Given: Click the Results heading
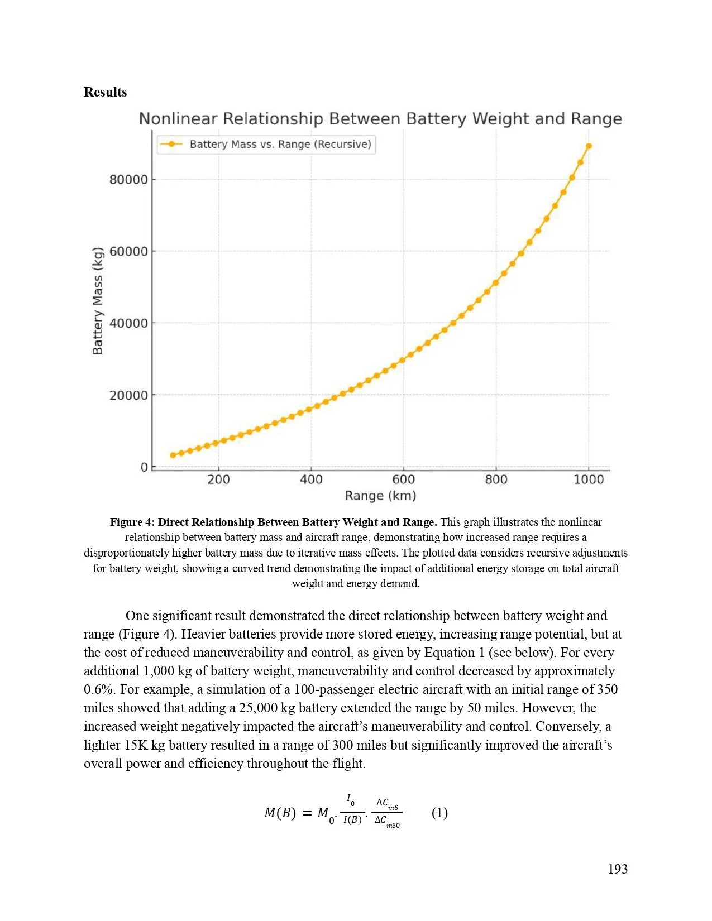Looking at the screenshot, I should click(105, 92).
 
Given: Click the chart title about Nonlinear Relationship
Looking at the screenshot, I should click(380, 119).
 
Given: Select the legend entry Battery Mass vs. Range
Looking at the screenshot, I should click(280, 144).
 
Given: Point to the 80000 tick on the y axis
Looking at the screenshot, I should click(128, 180).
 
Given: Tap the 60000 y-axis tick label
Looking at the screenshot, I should click(128, 251).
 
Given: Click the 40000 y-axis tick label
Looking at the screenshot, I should click(128, 323).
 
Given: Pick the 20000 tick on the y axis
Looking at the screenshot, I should click(128, 395).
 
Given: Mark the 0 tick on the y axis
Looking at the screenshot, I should click(144, 467).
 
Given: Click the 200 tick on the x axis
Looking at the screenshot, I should click(218, 479).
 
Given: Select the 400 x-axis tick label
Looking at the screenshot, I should click(311, 479).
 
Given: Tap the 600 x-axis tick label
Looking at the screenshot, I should click(403, 479).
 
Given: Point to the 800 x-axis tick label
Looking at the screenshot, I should click(496, 479).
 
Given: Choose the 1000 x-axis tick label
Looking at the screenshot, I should click(589, 479).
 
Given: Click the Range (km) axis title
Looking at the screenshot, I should click(380, 496).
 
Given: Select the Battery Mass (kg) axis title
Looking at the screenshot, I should click(98, 300).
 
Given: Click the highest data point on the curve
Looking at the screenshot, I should click(589, 146).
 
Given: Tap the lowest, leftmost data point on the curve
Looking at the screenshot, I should click(173, 455).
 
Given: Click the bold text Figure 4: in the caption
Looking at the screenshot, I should click(132, 522).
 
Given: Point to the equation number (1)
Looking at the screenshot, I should click(439, 813).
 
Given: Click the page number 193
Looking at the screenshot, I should click(617, 869).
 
